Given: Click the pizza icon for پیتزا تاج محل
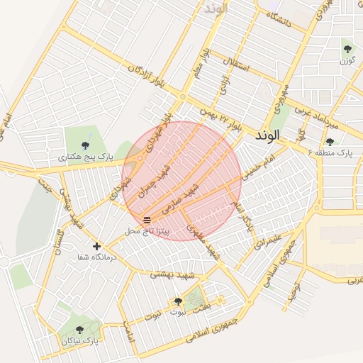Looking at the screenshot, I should click(x=147, y=220).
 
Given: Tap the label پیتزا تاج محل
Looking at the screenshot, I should click(x=147, y=231).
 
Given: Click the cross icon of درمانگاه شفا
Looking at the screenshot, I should click(x=96, y=246).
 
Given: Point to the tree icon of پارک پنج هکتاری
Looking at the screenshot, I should click(x=86, y=145).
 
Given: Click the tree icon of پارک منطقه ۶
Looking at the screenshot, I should click(x=330, y=141).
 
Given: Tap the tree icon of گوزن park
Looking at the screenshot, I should click(x=347, y=49).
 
